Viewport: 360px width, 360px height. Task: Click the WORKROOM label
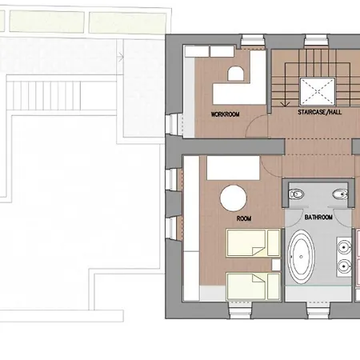225,114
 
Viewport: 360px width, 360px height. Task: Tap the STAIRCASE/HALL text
319,112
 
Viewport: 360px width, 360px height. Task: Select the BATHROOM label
318,218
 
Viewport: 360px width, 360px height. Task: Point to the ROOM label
244,218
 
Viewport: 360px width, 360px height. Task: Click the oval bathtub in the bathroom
301,257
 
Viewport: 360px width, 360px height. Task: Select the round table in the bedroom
233,198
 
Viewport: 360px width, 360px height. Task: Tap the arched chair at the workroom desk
235,74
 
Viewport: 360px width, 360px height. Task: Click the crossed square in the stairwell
317,91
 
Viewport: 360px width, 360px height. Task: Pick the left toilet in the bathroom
297,194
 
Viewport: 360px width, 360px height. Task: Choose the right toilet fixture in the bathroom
340,194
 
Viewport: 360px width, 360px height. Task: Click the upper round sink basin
344,247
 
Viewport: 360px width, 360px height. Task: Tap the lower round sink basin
344,266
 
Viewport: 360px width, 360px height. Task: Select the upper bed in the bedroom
253,243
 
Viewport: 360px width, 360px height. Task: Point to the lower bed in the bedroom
253,286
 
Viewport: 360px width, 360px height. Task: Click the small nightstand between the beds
276,265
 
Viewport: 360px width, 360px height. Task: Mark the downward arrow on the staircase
286,85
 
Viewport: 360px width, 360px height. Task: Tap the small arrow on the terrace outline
121,57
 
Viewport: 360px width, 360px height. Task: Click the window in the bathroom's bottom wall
318,310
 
